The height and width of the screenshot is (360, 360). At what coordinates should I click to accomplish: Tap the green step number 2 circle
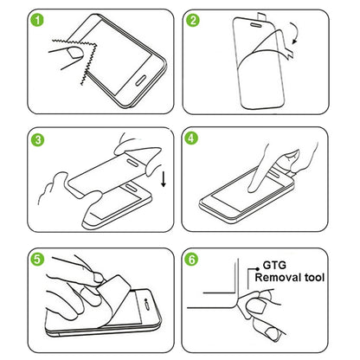point(195,18)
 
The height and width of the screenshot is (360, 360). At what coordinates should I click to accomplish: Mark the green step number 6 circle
point(195,258)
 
